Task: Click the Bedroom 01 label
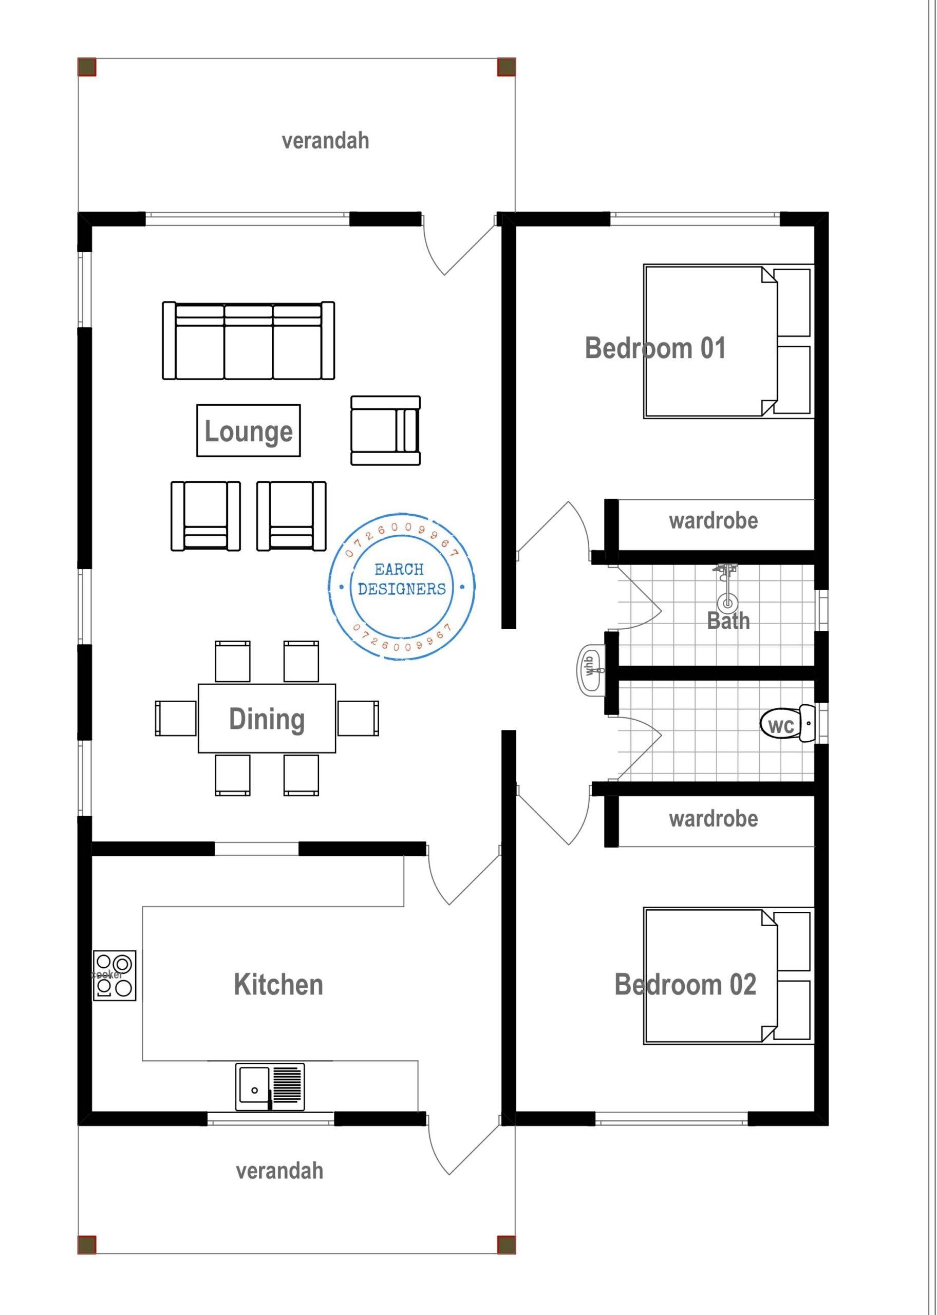click(655, 348)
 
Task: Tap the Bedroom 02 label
click(685, 985)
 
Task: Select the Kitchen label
click(278, 985)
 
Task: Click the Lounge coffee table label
click(248, 431)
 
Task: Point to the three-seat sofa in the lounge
click(248, 341)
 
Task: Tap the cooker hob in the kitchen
click(114, 975)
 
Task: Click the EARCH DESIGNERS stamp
click(402, 586)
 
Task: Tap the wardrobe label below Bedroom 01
click(713, 521)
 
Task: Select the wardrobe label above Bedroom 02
click(713, 819)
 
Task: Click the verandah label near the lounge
click(325, 141)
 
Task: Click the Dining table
click(267, 719)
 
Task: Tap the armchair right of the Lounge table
click(385, 430)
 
